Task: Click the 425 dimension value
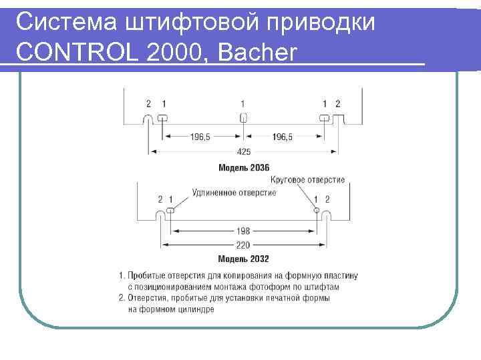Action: [244, 152]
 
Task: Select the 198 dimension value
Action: [244, 231]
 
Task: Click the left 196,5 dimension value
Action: [199, 137]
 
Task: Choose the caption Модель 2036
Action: [244, 167]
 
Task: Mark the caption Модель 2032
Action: [244, 259]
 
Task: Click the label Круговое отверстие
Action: [308, 180]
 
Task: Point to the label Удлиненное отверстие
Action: [234, 192]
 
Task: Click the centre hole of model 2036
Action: [244, 118]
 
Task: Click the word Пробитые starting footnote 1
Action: [146, 275]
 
